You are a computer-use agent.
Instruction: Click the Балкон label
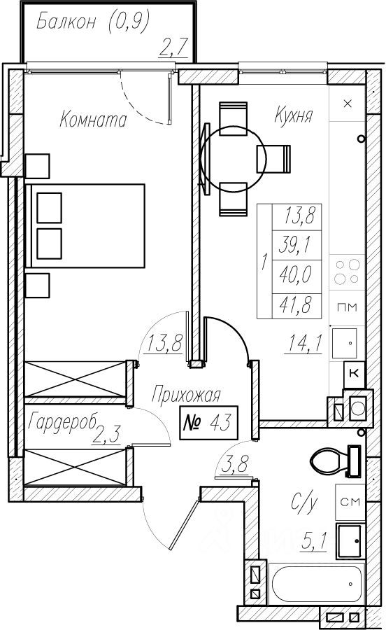(x=66, y=22)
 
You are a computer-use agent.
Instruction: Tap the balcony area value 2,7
(x=173, y=48)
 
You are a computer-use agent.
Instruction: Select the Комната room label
(x=93, y=119)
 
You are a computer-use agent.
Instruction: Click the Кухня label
(x=293, y=115)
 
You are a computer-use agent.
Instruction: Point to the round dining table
(x=233, y=158)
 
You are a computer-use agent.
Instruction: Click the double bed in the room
(x=85, y=225)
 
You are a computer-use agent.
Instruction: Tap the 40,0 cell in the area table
(x=296, y=276)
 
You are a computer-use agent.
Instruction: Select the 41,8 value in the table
(x=296, y=306)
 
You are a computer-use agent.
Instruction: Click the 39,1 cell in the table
(x=296, y=246)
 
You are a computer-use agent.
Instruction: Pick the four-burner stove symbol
(x=348, y=272)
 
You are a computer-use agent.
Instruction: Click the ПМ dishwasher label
(x=347, y=307)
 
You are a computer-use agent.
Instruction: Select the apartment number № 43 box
(x=208, y=423)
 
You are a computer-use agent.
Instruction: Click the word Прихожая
(x=186, y=395)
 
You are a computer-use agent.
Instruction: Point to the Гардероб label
(x=63, y=422)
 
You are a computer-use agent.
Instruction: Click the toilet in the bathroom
(x=336, y=460)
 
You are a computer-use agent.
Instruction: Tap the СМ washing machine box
(x=350, y=502)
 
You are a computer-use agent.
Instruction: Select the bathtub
(x=316, y=584)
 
